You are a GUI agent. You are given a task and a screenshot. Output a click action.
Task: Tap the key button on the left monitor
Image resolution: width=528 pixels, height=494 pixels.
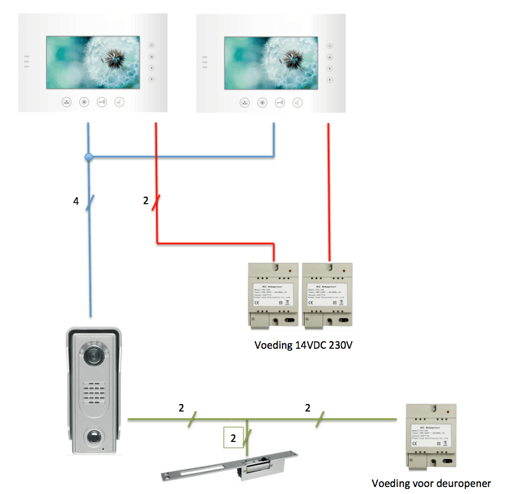tap(101, 102)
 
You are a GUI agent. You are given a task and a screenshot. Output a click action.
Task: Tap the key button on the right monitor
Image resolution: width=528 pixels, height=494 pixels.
tap(280, 102)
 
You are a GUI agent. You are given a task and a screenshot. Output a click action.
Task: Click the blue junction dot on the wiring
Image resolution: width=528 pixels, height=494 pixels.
tap(89, 156)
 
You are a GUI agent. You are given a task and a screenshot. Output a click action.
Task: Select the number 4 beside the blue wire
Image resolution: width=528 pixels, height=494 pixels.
tap(76, 202)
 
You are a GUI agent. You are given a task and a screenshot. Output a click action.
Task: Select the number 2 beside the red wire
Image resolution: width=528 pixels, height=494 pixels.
tap(146, 201)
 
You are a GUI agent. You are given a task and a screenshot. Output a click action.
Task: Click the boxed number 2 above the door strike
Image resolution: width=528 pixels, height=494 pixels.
tap(233, 438)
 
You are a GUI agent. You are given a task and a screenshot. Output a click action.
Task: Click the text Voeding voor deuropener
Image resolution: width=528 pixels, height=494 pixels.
tap(432, 483)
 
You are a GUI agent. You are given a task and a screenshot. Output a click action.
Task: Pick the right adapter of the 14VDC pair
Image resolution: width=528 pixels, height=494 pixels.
tap(328, 294)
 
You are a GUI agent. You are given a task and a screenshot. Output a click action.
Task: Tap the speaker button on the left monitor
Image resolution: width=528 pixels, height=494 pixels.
tap(119, 102)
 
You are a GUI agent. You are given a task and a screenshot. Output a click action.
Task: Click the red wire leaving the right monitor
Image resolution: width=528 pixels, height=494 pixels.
tap(328, 190)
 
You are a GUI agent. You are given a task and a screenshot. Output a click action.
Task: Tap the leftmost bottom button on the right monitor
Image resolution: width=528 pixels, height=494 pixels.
tap(245, 102)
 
